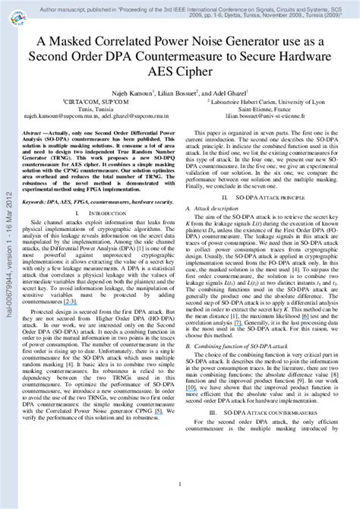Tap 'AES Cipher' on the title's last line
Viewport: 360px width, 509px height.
pos(180,74)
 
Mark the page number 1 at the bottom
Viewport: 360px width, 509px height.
pos(179,483)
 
